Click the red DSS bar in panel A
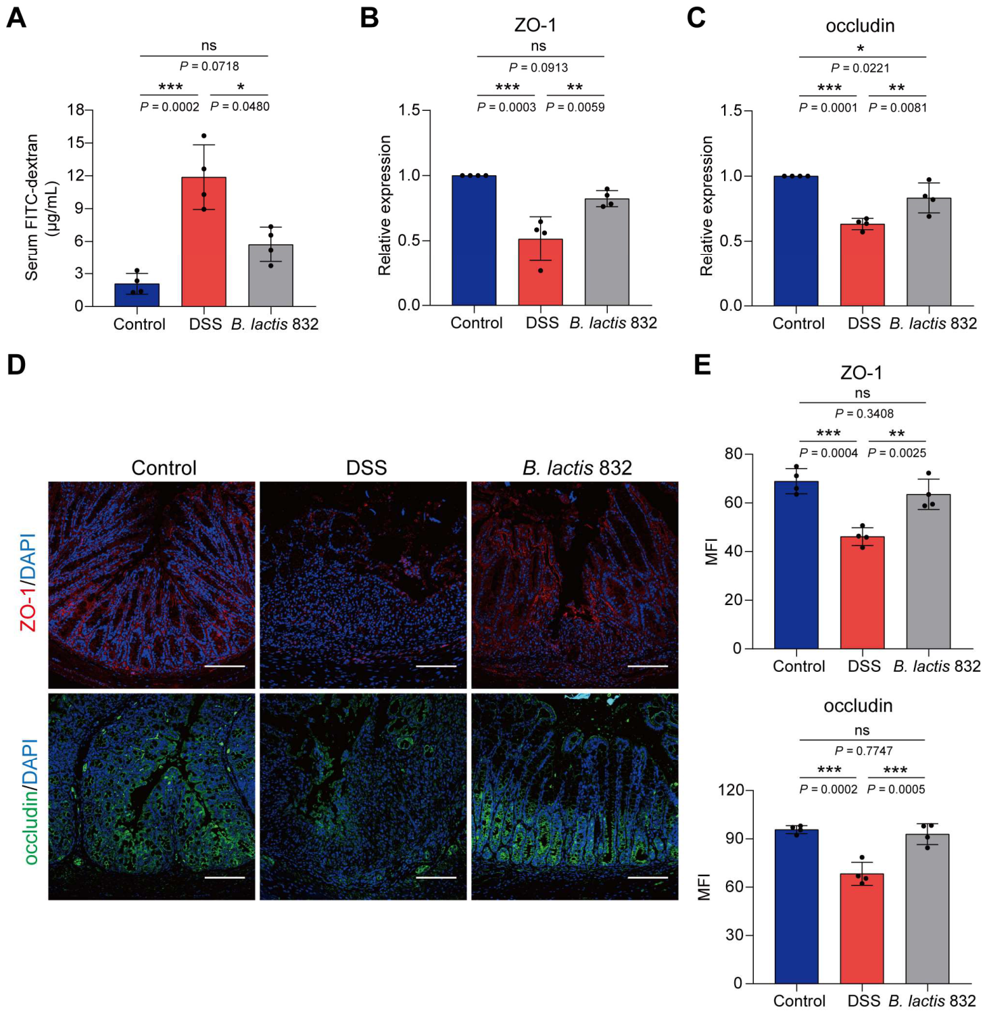click(x=203, y=241)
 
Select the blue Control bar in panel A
click(x=137, y=295)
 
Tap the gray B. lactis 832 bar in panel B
click(x=607, y=252)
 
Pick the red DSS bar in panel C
click(x=862, y=265)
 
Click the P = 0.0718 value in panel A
click(x=209, y=66)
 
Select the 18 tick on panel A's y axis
click(x=75, y=110)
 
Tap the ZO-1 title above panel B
click(x=535, y=25)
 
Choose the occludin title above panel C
click(x=860, y=26)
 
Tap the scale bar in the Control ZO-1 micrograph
click(x=224, y=666)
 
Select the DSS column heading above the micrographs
click(x=366, y=467)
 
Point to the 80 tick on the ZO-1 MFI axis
click(x=733, y=454)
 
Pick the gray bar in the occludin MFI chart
click(x=928, y=909)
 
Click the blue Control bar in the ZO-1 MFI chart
click(x=796, y=565)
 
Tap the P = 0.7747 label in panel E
click(x=863, y=750)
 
